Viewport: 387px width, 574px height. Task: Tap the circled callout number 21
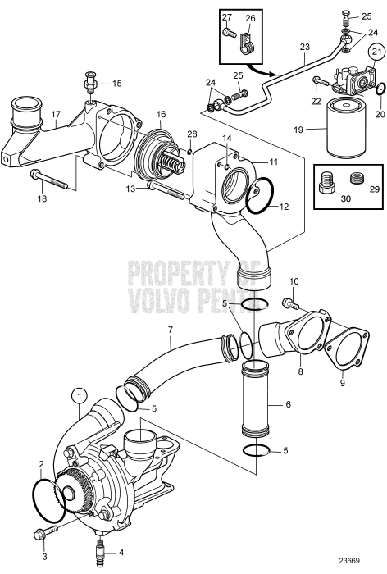pyautogui.click(x=378, y=53)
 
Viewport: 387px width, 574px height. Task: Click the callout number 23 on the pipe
pyautogui.click(x=305, y=47)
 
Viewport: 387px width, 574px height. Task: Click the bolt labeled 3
pyautogui.click(x=39, y=535)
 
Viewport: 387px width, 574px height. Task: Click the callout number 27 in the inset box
pyautogui.click(x=227, y=16)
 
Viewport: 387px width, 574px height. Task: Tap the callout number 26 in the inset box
pyautogui.click(x=251, y=16)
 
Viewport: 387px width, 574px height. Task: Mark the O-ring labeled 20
pyautogui.click(x=378, y=89)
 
